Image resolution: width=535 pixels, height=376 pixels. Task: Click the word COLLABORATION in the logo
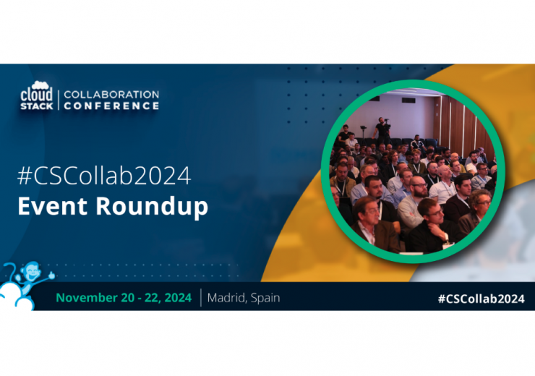click(111, 94)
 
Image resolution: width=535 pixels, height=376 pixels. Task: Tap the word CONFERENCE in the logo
click(111, 106)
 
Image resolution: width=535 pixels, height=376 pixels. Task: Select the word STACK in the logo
click(36, 106)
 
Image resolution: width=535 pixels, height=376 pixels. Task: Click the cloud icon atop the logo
click(40, 85)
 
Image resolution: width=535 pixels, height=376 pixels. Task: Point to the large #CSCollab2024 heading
click(104, 176)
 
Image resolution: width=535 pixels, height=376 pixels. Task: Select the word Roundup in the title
click(152, 207)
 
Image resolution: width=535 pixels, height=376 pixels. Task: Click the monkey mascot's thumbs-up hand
click(51, 274)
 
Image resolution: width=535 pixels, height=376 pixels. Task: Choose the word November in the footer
click(87, 297)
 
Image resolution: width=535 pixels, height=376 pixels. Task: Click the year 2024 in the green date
click(178, 297)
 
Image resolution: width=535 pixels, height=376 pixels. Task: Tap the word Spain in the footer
click(265, 298)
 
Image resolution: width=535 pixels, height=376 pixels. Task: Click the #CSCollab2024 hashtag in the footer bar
click(481, 299)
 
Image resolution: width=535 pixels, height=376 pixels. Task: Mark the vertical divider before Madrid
click(201, 297)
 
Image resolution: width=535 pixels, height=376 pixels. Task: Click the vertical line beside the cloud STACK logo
click(59, 100)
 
